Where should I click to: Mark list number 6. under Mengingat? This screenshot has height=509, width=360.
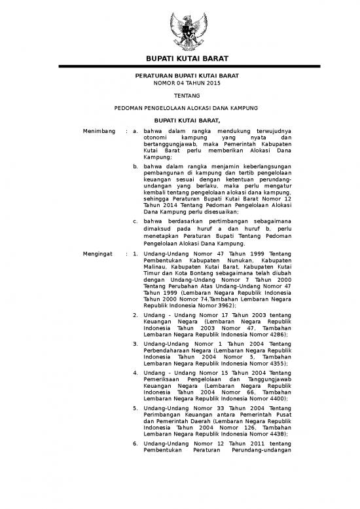click(135, 443)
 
